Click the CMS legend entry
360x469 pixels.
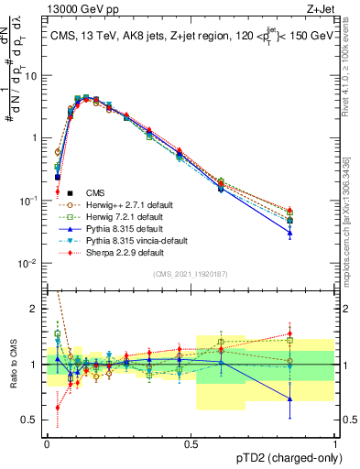(95, 192)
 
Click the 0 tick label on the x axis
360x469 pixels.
(47, 442)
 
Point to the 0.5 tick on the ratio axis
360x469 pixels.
(35, 420)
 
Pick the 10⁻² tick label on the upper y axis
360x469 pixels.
(31, 263)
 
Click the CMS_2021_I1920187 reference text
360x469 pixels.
(191, 273)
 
